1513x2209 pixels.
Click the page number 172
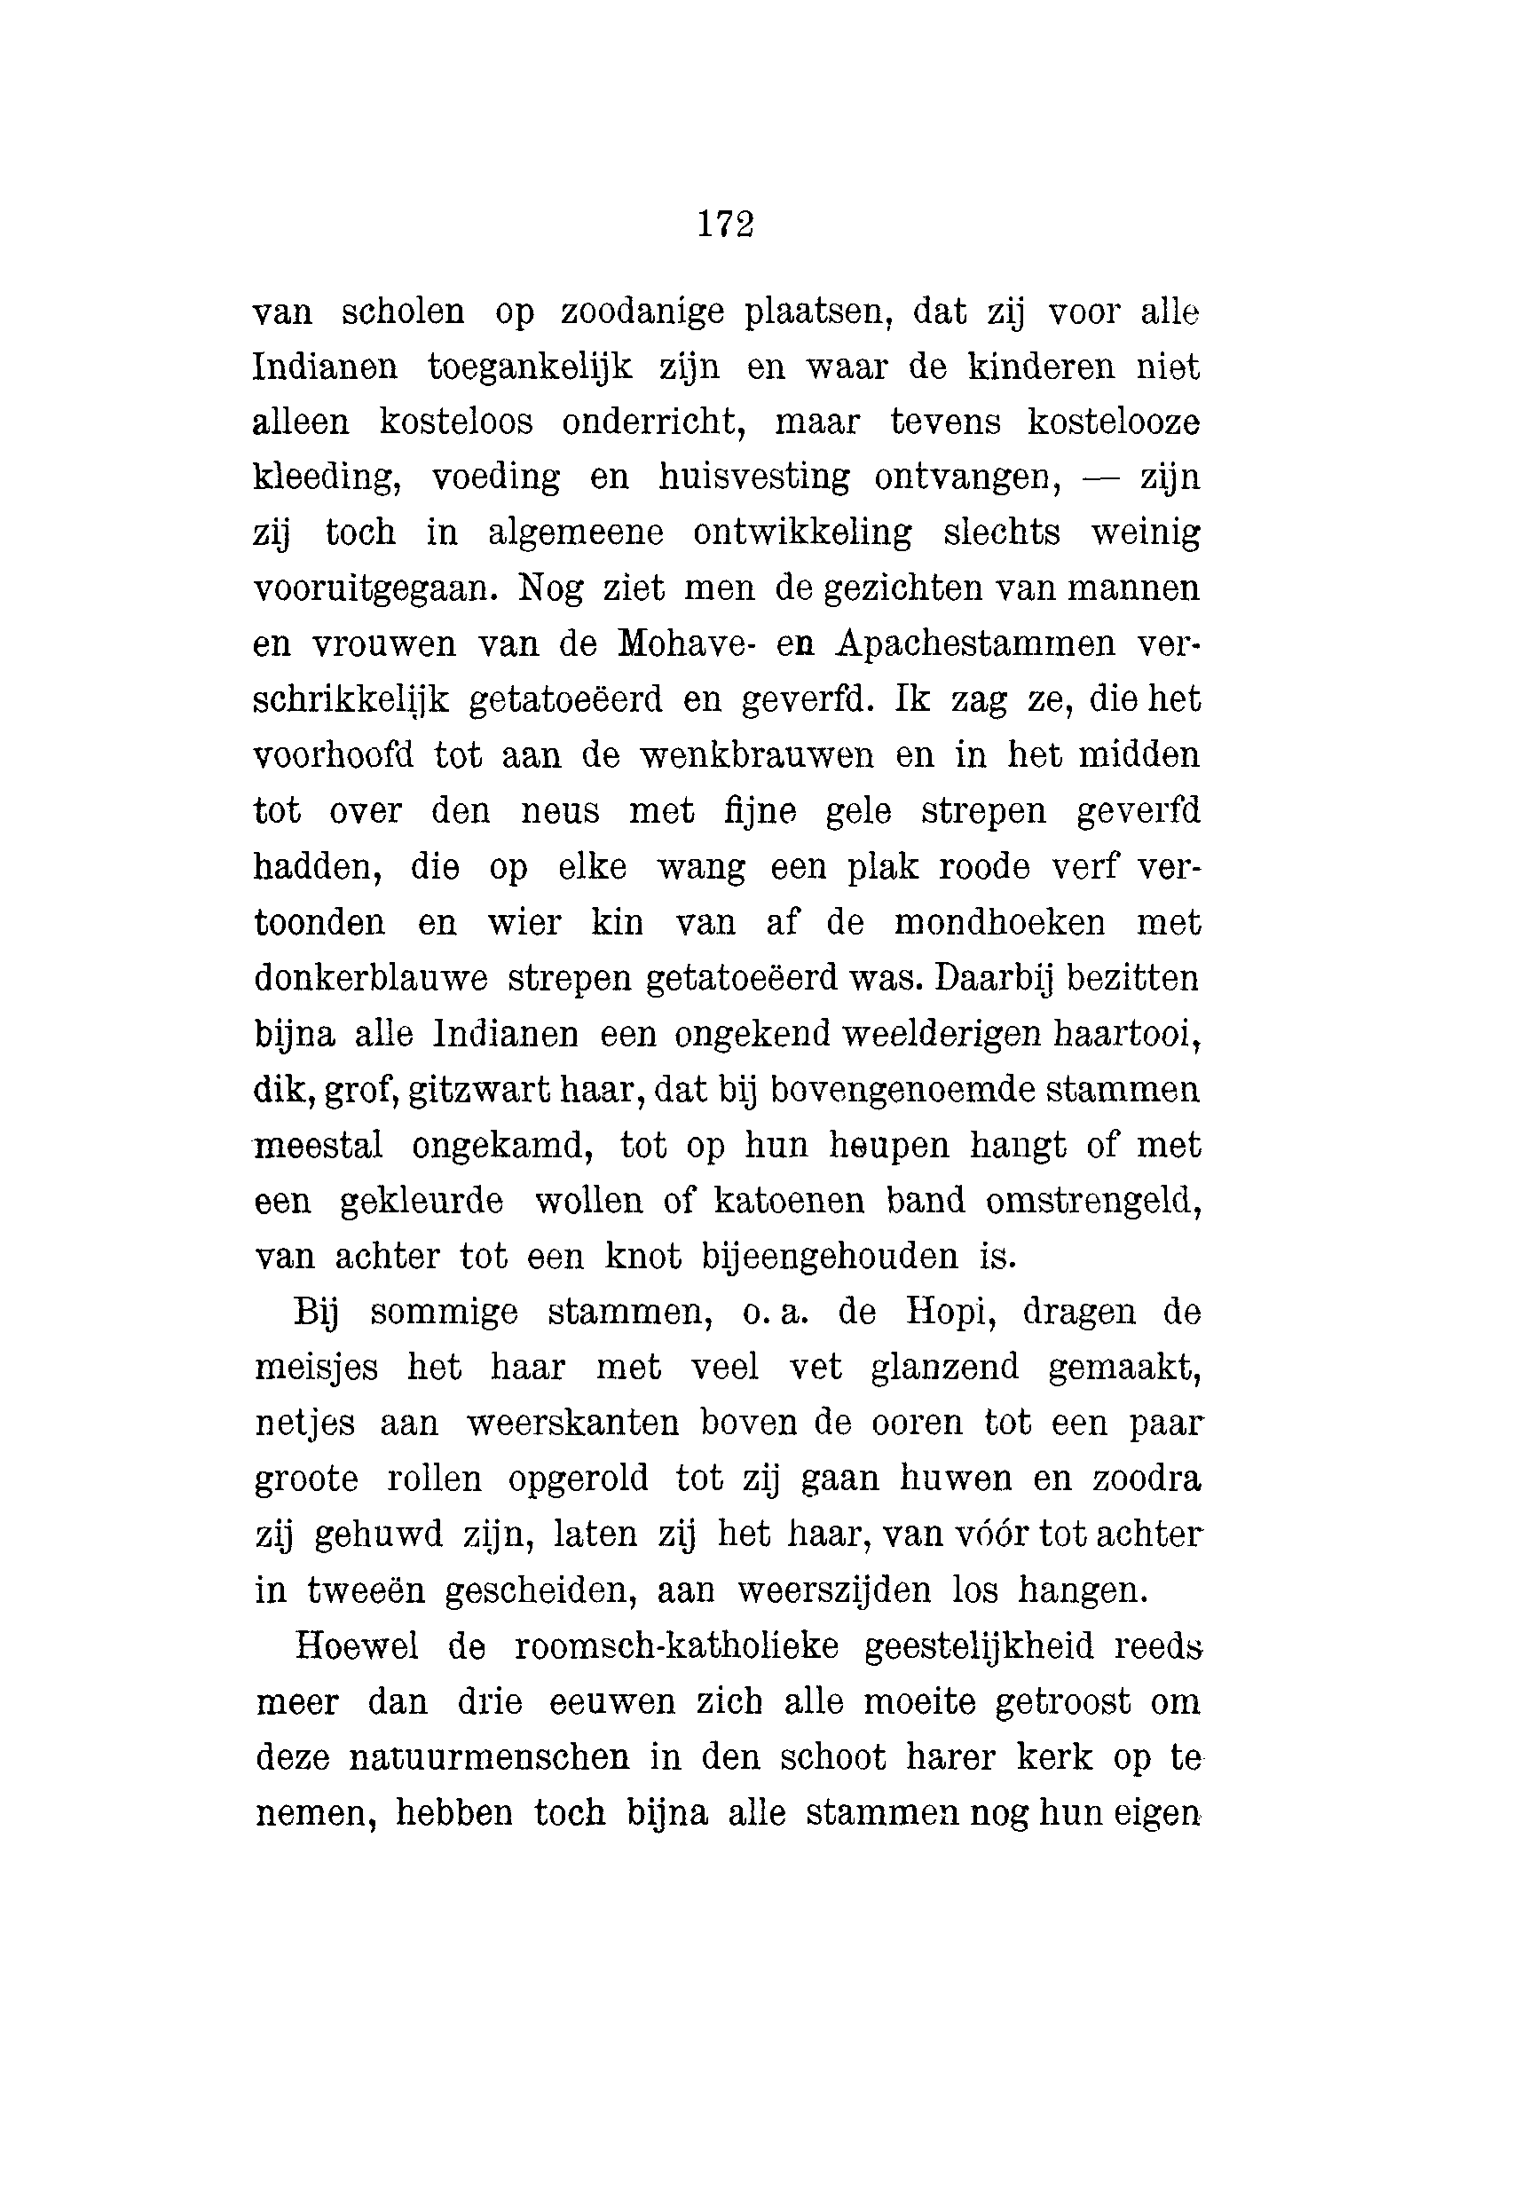click(726, 225)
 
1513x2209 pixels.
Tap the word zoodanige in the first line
click(642, 312)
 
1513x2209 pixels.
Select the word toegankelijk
click(530, 367)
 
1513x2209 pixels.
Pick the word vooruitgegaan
click(375, 589)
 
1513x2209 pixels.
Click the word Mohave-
click(687, 644)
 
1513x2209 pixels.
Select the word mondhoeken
click(1000, 923)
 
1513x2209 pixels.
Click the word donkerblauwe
click(372, 978)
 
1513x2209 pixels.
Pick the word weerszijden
click(834, 1591)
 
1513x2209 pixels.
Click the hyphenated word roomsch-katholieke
click(675, 1647)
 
